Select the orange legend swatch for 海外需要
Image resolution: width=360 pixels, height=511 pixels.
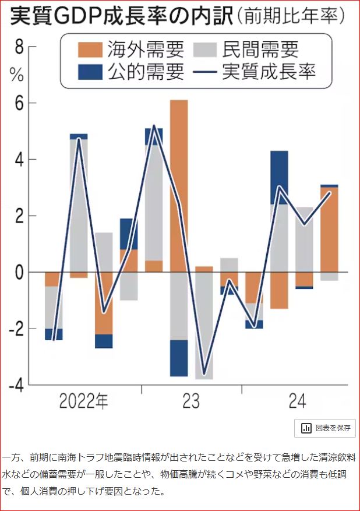89,49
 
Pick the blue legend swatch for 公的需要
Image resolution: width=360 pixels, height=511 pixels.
89,72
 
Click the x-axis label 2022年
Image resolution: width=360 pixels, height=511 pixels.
83,401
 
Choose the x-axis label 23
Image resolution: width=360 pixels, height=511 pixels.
190,401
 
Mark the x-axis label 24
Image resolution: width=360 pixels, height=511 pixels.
297,401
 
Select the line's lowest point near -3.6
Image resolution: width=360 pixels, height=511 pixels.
204,373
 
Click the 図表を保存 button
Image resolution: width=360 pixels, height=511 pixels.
326,428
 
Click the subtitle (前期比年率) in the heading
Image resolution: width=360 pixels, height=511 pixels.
290,17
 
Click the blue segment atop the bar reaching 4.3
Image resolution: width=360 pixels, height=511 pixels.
280,177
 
